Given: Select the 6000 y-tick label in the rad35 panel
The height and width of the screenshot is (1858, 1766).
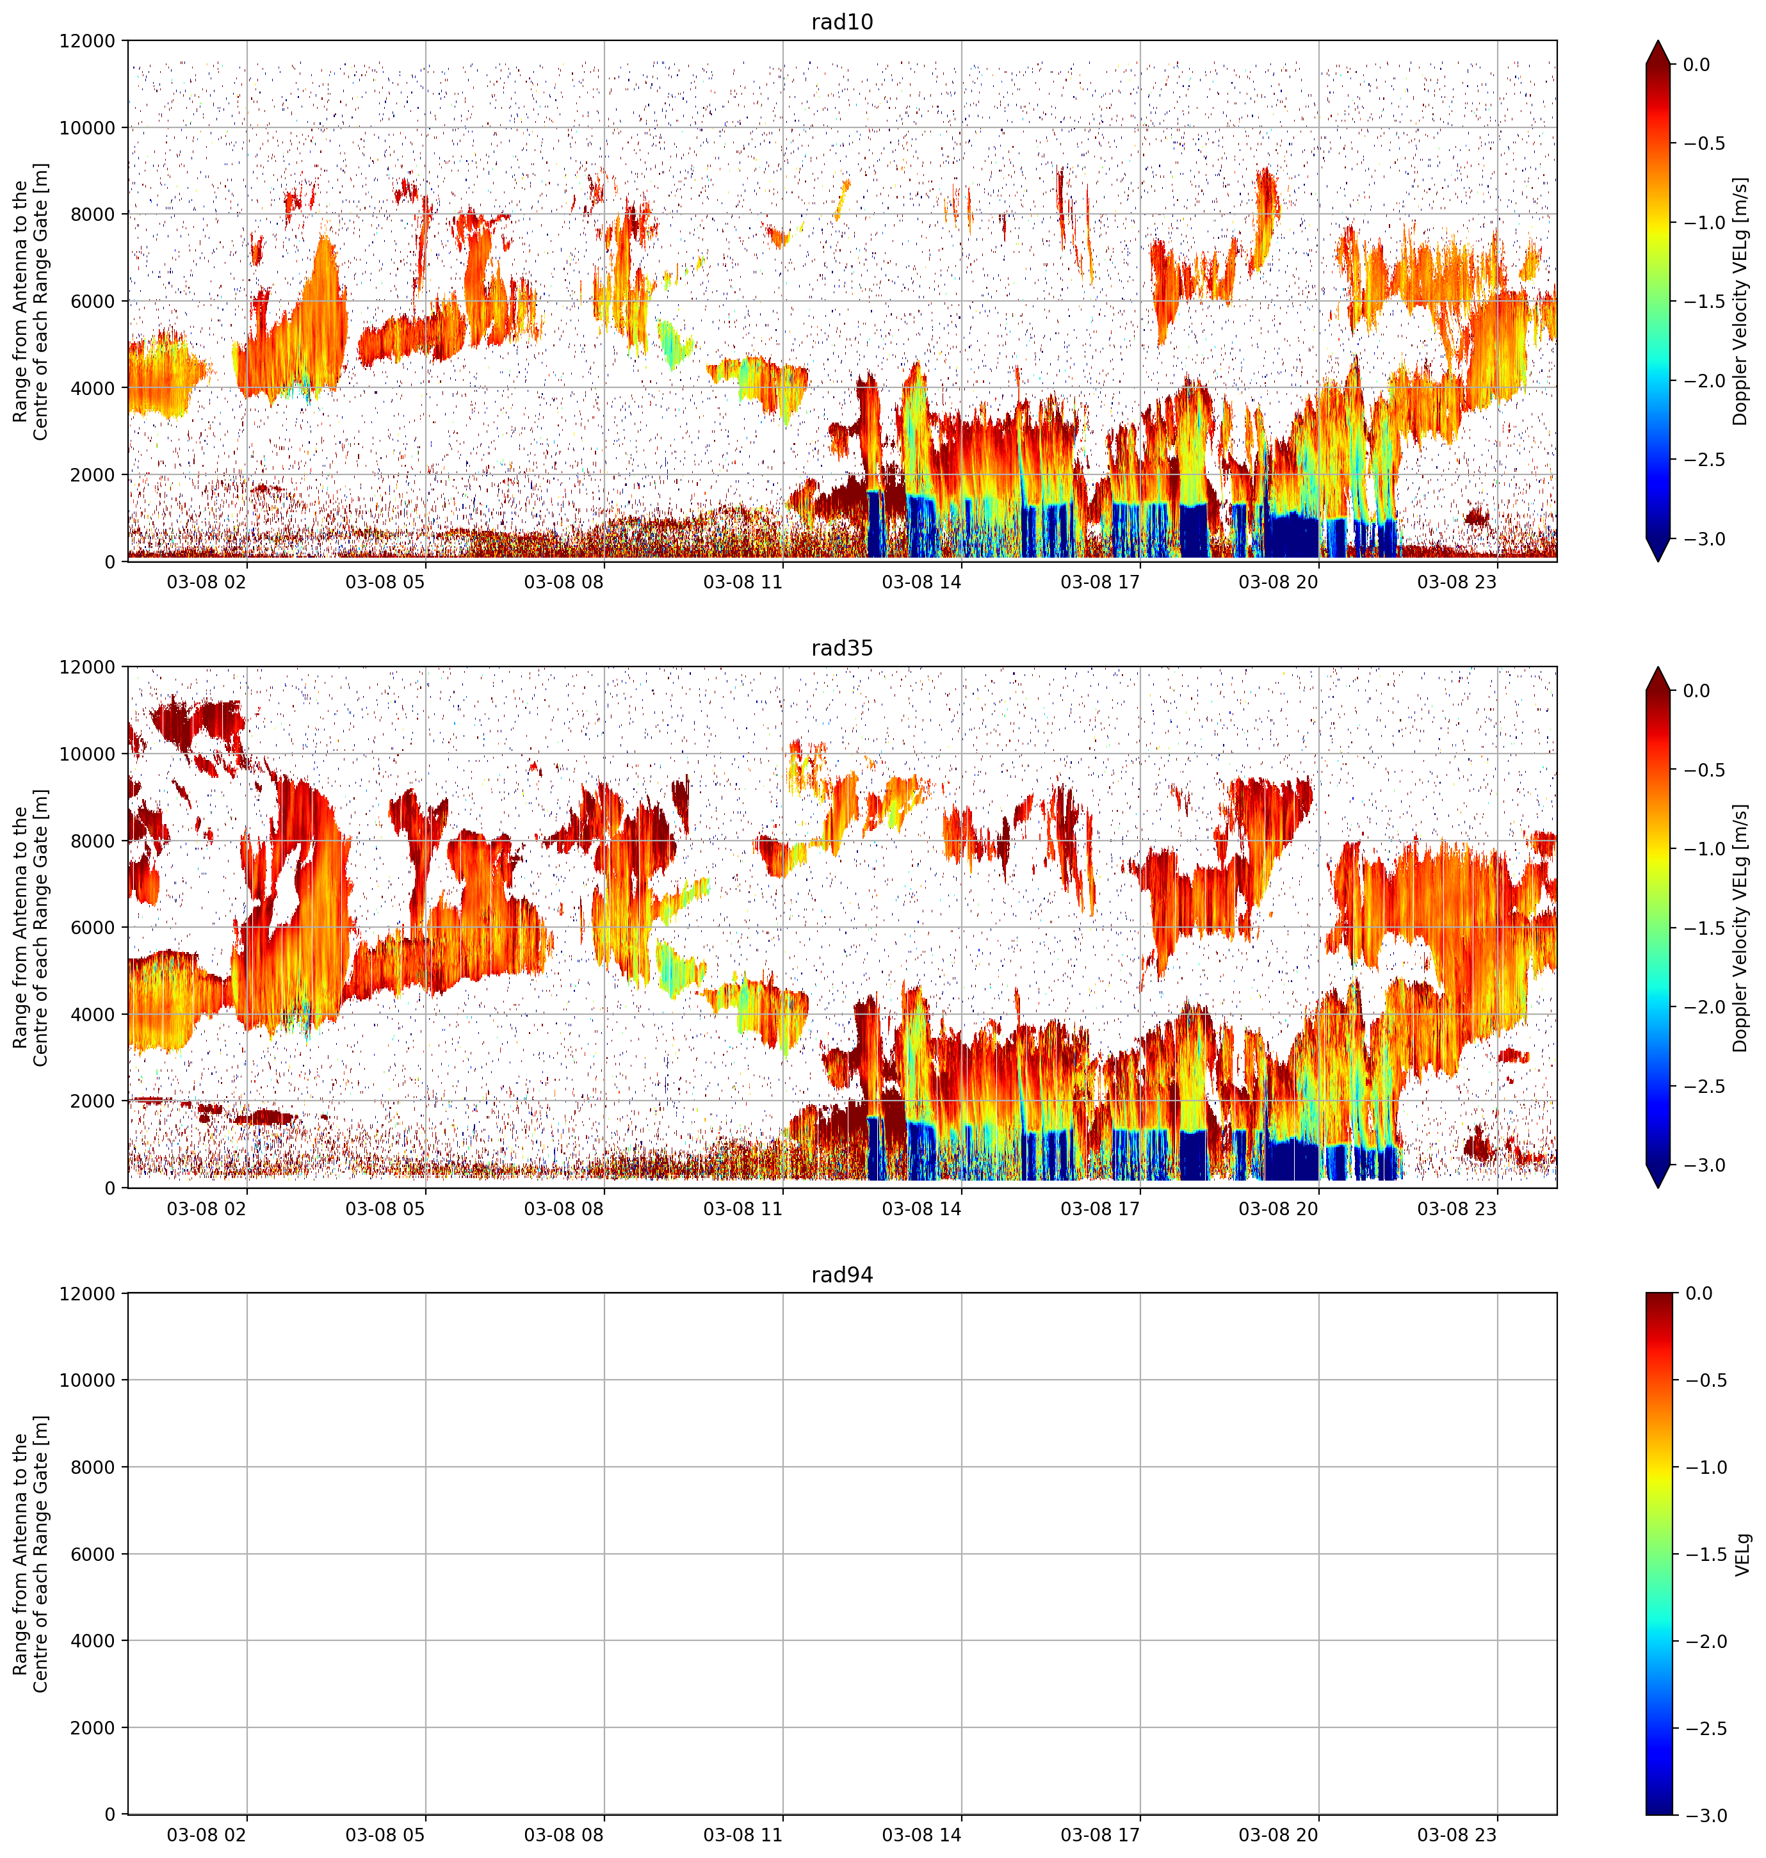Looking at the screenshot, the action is (92, 927).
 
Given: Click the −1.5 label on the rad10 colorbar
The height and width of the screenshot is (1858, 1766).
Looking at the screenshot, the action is (1703, 301).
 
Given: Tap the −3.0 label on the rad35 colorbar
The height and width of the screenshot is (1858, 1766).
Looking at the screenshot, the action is (1703, 1165).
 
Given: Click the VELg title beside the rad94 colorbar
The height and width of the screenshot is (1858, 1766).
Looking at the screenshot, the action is (1742, 1554).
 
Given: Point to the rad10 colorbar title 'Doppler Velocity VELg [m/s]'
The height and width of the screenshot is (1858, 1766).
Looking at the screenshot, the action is (1740, 301).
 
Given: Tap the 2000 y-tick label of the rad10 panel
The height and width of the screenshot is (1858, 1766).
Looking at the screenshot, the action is (92, 474).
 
